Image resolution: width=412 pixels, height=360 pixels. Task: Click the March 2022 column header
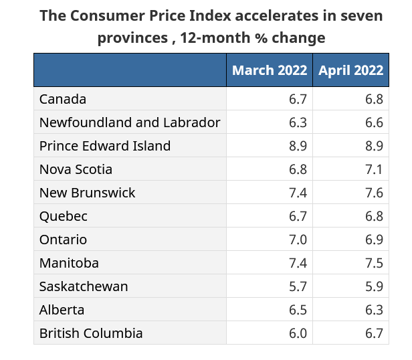pos(270,70)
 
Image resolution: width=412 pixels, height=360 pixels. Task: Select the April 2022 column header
pos(350,70)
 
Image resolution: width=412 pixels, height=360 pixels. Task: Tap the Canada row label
pos(63,99)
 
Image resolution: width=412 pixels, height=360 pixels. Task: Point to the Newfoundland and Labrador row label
pos(130,122)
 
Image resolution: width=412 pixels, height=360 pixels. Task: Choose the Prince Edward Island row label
pos(105,146)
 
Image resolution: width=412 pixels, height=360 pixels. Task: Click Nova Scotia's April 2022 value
pos(374,169)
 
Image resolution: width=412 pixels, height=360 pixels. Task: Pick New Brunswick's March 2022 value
pos(298,193)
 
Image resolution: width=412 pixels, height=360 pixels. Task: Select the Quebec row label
pos(64,216)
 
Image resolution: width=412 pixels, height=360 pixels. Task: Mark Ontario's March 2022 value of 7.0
pos(298,240)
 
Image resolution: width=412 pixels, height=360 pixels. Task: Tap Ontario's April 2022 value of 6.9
pos(374,240)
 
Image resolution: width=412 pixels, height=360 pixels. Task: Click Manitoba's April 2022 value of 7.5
pos(374,263)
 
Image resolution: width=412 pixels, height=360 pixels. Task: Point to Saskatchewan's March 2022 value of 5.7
pos(298,286)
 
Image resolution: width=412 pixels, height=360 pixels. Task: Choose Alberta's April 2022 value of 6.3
pos(374,310)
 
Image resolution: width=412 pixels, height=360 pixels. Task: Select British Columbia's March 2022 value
pos(298,333)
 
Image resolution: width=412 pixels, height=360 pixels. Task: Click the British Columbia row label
pos(91,333)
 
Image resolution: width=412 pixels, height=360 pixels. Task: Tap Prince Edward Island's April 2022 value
pos(374,146)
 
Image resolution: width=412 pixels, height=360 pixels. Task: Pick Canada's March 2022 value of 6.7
pos(298,99)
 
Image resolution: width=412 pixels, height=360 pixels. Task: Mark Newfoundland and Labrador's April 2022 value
pos(374,122)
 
